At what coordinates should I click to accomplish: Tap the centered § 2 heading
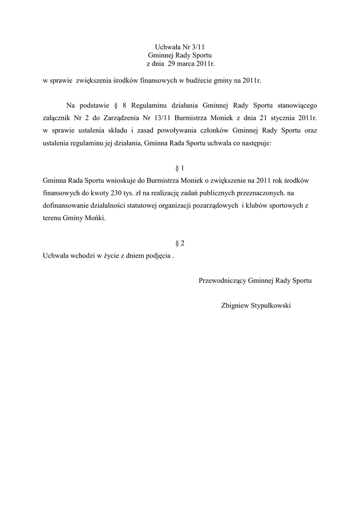pyautogui.click(x=180, y=243)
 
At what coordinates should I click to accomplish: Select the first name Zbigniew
pyautogui.click(x=236, y=305)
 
